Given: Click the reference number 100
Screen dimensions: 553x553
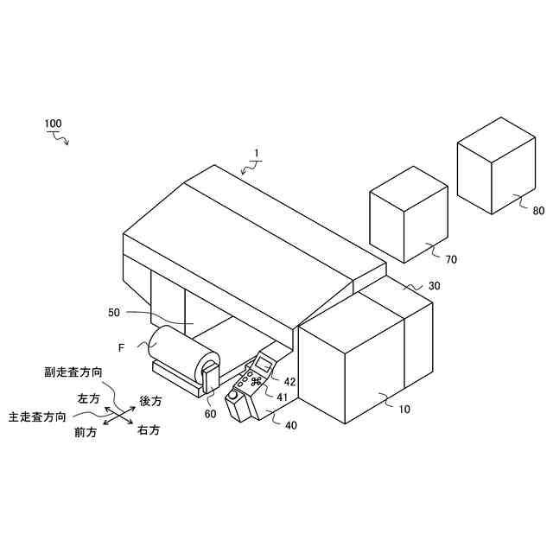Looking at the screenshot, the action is click(x=53, y=124).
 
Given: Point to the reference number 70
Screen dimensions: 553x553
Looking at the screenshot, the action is click(x=451, y=258).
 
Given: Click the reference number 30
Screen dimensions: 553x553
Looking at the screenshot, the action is click(x=434, y=286).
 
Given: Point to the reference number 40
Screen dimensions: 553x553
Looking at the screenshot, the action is click(x=290, y=424).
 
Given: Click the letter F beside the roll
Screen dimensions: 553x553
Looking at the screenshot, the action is click(x=122, y=347).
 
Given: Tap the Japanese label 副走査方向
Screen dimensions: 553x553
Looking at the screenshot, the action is click(x=73, y=372).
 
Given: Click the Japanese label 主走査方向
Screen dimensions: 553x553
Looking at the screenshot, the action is click(x=36, y=416).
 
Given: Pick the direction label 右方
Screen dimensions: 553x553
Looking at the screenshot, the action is click(x=149, y=429).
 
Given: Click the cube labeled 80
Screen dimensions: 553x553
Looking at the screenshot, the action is click(x=495, y=164).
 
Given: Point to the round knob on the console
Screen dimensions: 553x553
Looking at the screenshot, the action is click(x=232, y=397).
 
